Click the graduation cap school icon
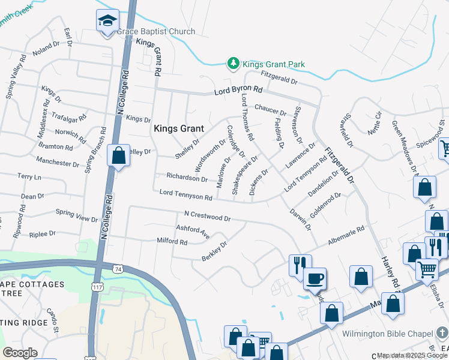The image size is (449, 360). (107, 21)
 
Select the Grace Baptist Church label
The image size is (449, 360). (156, 31)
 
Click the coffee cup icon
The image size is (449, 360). (315, 278)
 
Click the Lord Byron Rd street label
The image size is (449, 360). (239, 91)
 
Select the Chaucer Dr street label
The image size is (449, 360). (270, 110)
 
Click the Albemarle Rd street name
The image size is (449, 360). (346, 235)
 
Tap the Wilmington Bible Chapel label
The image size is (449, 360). (388, 334)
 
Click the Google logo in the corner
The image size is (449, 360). (19, 353)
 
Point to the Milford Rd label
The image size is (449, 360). (172, 242)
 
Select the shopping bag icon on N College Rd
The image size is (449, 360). (119, 156)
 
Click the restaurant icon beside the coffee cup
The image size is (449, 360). (299, 265)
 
